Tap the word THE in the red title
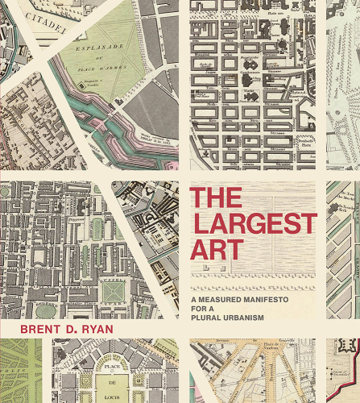[215, 197]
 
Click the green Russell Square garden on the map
[112, 291]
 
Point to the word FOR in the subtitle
[200, 293]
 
